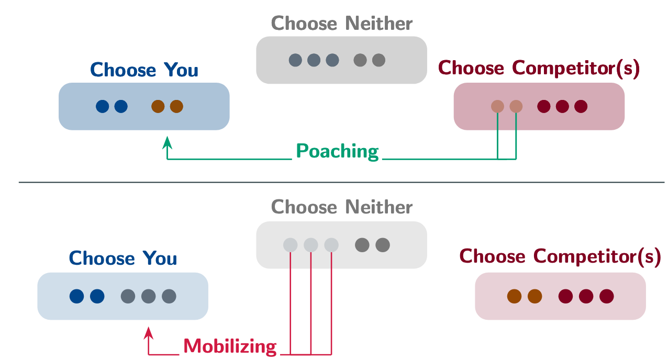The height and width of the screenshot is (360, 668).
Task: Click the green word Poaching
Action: click(337, 151)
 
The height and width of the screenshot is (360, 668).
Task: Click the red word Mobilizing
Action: click(230, 346)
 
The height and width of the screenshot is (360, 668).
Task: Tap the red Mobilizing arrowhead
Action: click(149, 331)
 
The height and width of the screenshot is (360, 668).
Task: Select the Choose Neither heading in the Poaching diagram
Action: click(342, 24)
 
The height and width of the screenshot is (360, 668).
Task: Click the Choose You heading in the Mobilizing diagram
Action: click(123, 258)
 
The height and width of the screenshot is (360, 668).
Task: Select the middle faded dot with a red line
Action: click(311, 245)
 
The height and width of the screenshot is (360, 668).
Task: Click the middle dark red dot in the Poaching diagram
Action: click(562, 107)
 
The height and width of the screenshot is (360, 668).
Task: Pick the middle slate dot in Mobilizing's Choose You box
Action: click(149, 297)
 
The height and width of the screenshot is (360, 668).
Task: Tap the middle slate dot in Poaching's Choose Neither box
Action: click(314, 60)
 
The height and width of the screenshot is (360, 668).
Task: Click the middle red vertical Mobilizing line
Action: click(311, 303)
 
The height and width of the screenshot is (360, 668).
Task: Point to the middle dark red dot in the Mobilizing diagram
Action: click(586, 297)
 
